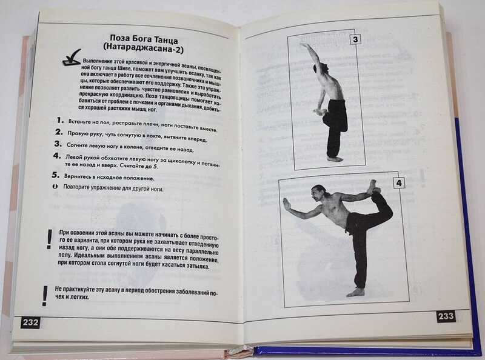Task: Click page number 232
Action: (x=31, y=322)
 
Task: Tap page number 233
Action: (x=446, y=316)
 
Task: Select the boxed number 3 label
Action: (x=355, y=39)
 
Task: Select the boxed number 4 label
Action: (x=399, y=183)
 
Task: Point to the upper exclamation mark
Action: (x=49, y=239)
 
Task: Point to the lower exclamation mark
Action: (x=45, y=296)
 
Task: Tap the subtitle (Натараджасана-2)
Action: (x=143, y=49)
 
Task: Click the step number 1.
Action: (x=60, y=120)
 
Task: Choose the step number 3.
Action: (x=58, y=144)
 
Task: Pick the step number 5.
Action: (x=55, y=175)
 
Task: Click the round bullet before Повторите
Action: (x=55, y=187)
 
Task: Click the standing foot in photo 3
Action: (x=335, y=159)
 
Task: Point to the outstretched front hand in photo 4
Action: (x=286, y=205)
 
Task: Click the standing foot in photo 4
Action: (x=356, y=292)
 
